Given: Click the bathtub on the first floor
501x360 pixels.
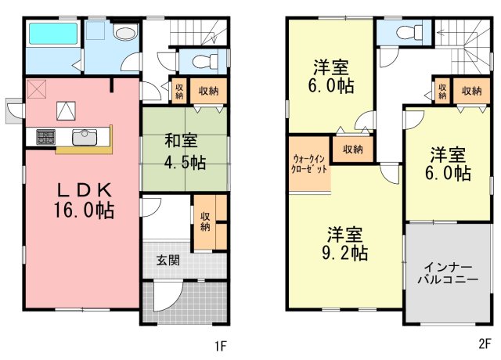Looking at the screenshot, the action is (53, 33).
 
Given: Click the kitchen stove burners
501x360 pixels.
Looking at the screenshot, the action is (45, 137).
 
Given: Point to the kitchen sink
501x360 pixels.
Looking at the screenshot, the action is (85, 137).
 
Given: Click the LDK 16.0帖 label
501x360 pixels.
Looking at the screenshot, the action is (84, 200).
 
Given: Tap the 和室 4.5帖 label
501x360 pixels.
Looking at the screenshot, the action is (185, 151).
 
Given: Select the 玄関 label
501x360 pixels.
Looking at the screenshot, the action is (168, 261).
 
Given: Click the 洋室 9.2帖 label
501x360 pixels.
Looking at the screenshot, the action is (344, 243).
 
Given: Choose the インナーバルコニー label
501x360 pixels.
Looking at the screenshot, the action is (448, 273).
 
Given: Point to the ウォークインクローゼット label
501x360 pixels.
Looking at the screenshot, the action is (309, 164).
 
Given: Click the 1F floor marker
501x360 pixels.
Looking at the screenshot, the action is (221, 346).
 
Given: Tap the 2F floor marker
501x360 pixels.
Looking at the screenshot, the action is (485, 344).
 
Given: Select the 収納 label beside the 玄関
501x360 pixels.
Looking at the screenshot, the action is (205, 221).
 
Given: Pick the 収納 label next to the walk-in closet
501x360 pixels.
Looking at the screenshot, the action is (353, 149).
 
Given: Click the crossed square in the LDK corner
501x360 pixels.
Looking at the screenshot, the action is (37, 88).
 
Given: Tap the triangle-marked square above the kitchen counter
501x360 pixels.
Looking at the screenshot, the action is (66, 111).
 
